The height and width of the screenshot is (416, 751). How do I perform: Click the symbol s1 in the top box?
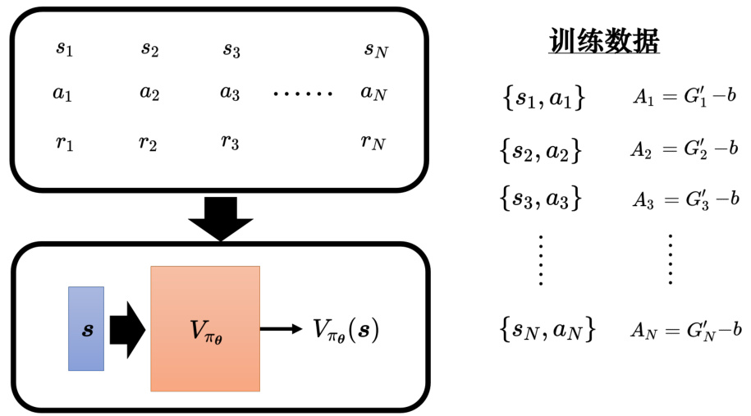pos(64,49)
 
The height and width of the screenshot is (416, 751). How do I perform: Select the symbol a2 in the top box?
pos(149,92)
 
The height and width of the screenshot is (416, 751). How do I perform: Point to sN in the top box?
pos(375,49)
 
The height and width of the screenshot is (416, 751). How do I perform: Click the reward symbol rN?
pos(372,142)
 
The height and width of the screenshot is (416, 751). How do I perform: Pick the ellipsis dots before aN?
pos(303,93)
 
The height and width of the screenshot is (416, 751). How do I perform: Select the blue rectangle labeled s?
pos(86,328)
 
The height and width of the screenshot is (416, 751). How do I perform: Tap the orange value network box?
pos(205,328)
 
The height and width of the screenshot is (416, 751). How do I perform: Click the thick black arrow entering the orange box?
pos(127,328)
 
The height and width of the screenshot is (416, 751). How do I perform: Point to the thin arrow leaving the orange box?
pos(281,329)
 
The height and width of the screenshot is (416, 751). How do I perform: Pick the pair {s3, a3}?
pos(541,198)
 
